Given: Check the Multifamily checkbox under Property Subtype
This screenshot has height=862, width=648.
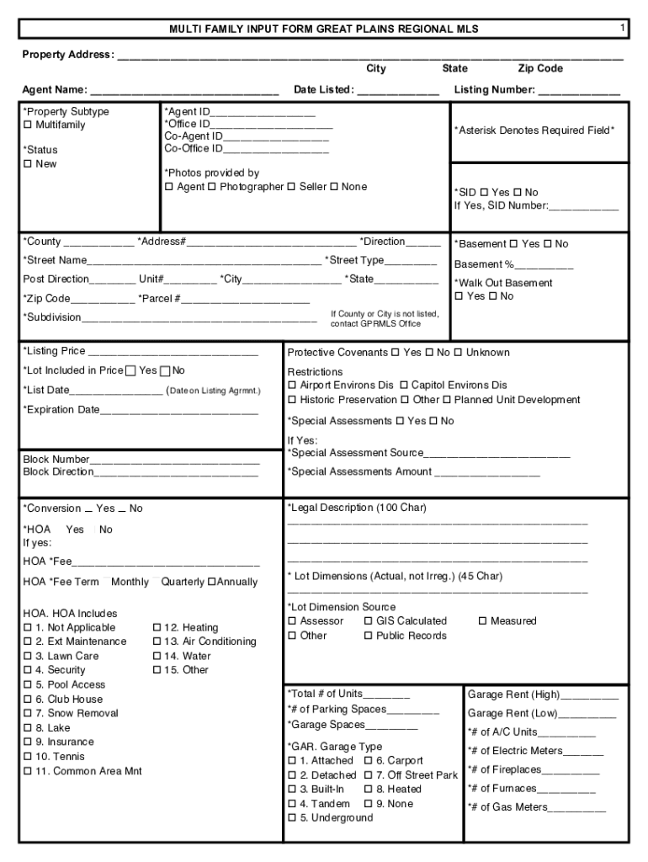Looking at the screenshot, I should point(28,125).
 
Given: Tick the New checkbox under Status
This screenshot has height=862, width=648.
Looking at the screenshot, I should point(28,164).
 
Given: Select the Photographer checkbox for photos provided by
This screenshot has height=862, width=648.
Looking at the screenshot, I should point(212,187).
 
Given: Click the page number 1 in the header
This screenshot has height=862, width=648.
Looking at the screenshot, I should point(622,29).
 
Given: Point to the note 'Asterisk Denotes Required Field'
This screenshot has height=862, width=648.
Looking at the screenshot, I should point(534,130).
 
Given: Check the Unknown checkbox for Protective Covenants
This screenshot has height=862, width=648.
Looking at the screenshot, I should point(459,353).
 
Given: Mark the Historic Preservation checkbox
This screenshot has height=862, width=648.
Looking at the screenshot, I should point(292,401).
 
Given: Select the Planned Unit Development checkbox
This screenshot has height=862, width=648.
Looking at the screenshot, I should point(448,401).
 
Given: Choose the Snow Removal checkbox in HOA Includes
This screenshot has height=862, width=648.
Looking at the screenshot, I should point(28,714).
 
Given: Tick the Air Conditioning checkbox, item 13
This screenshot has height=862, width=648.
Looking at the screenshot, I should point(157,642).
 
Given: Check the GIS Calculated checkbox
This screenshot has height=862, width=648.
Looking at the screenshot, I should point(369,621).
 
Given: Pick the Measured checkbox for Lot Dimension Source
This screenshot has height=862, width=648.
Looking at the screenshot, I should point(483,621).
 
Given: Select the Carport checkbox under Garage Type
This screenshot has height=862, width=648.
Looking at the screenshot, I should point(369,761).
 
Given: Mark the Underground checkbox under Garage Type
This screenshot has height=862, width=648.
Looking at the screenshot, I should point(292,818).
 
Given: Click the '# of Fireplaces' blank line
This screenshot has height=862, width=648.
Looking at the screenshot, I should point(570,770).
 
